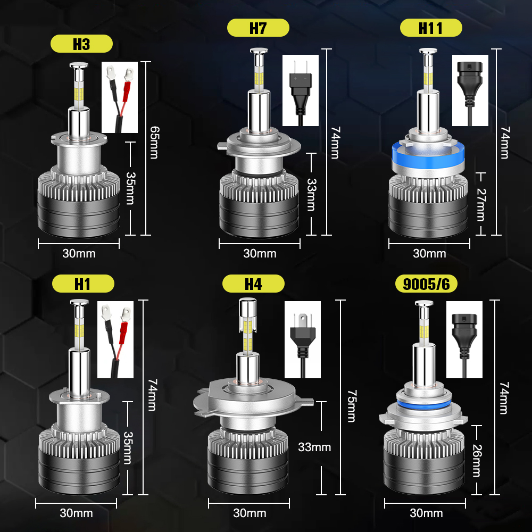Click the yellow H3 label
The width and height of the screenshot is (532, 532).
pos(81,44)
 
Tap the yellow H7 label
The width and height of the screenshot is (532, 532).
pos(258,28)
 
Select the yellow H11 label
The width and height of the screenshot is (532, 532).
pos(431,28)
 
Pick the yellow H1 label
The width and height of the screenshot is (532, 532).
pos(83,284)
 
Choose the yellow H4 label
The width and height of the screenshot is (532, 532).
pos(253,284)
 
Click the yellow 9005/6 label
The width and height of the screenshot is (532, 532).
pos(426,284)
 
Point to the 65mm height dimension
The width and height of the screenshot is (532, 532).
pos(154,143)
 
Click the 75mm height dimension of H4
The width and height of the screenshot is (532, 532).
pos(352,406)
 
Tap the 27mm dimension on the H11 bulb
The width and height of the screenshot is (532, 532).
pos(481,205)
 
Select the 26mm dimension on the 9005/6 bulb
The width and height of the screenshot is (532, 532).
pos(477,460)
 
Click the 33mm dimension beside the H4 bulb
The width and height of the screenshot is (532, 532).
pos(314,447)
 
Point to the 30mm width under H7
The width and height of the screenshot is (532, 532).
pos(260,253)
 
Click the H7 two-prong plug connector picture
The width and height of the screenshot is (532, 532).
pos(301,90)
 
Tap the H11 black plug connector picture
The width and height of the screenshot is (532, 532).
pos(470,90)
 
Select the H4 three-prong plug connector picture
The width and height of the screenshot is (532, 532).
pos(303,339)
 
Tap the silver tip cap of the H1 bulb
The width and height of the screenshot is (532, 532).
pos(79,302)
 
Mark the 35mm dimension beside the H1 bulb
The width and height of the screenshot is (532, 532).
pos(128,448)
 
